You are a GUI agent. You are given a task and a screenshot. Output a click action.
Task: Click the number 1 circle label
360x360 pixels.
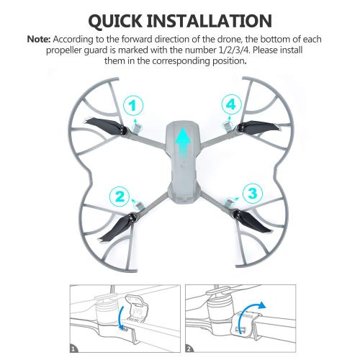[131, 107]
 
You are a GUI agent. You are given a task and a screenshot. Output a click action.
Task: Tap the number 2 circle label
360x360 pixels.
[120, 195]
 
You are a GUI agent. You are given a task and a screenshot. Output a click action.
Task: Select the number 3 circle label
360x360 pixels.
[251, 193]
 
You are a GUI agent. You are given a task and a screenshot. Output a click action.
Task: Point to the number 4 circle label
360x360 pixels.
[230, 105]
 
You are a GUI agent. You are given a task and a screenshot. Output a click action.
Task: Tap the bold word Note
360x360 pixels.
[40, 36]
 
